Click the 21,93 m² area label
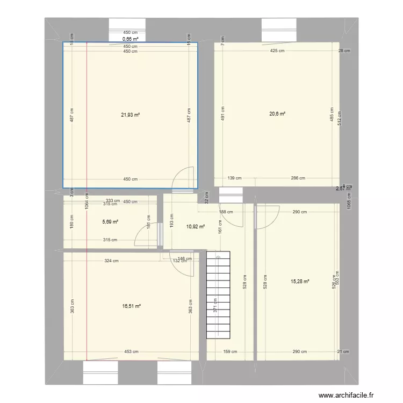pyautogui.click(x=131, y=114)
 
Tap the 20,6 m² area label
pyautogui.click(x=277, y=113)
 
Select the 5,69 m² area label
pyautogui.click(x=111, y=221)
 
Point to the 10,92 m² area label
pyautogui.click(x=196, y=227)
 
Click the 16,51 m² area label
pyautogui.click(x=131, y=306)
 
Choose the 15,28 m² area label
pyautogui.click(x=300, y=280)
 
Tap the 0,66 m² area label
pyautogui.click(x=130, y=39)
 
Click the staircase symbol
pyautogui.click(x=218, y=295)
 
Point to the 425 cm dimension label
pyautogui.click(x=278, y=51)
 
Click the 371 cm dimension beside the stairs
pyautogui.click(x=215, y=305)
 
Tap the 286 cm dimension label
pyautogui.click(x=298, y=178)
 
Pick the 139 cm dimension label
pyautogui.click(x=234, y=178)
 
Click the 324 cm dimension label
pyautogui.click(x=112, y=261)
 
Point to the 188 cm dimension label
pyautogui.click(x=226, y=212)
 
